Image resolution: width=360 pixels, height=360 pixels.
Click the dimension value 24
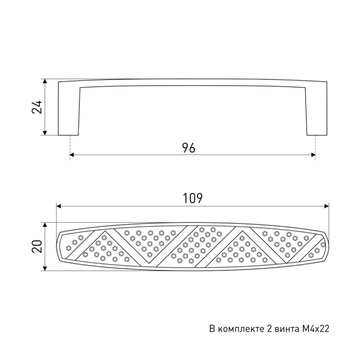coord(37,107)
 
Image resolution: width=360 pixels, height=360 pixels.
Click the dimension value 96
coord(189,148)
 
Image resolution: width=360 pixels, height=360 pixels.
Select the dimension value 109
coord(193,199)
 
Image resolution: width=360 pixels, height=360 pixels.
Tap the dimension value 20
coord(37,246)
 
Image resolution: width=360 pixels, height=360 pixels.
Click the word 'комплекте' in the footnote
coord(241,329)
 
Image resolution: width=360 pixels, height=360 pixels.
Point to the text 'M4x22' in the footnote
coord(315,329)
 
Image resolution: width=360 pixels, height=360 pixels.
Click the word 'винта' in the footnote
coord(286,329)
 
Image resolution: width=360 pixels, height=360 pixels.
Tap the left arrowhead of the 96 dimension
coord(71,155)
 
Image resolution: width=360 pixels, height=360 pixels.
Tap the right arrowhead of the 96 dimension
coord(313,155)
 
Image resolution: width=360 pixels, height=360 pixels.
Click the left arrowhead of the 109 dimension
coord(59,206)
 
